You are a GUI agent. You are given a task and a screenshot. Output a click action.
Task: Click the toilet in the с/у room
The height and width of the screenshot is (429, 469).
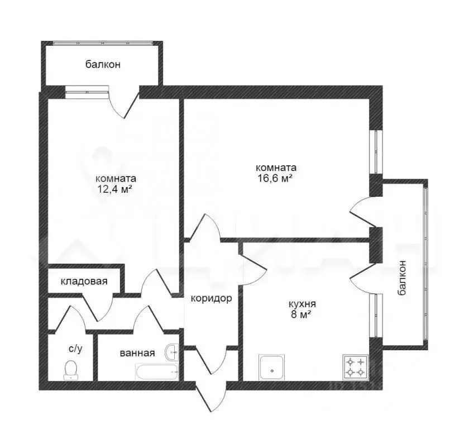(x=71, y=370)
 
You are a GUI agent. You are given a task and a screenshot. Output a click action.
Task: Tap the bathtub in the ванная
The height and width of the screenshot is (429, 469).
(x=157, y=372)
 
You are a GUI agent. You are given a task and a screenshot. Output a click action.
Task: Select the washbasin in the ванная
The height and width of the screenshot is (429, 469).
(x=172, y=352)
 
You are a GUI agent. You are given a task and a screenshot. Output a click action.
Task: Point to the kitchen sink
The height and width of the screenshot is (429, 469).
(x=272, y=368)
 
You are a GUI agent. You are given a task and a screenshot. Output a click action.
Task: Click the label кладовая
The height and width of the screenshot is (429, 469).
(x=84, y=282)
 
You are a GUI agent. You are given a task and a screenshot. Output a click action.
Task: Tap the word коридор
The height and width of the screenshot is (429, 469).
(x=212, y=298)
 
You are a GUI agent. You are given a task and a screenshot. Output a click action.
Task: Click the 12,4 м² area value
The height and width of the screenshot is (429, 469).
(x=115, y=189)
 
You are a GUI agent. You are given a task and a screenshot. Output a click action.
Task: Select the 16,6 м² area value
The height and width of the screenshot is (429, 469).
(x=275, y=178)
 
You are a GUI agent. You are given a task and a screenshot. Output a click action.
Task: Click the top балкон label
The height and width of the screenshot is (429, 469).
(x=103, y=64)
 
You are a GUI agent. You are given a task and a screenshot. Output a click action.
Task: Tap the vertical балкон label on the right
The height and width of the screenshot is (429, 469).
(x=402, y=278)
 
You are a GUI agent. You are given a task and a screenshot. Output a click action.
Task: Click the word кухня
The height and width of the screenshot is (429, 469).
(x=302, y=304)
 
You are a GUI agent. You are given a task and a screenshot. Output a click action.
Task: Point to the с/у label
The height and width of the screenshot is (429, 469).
(x=75, y=349)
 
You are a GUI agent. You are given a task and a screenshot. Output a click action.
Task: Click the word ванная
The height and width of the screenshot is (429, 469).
(x=137, y=354)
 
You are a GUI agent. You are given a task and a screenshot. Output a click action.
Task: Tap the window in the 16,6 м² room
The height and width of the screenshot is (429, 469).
(x=376, y=152)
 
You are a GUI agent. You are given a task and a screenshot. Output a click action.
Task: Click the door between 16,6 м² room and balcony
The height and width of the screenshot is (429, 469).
(x=366, y=212)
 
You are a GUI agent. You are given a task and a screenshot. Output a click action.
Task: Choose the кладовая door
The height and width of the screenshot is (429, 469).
(x=98, y=307)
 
